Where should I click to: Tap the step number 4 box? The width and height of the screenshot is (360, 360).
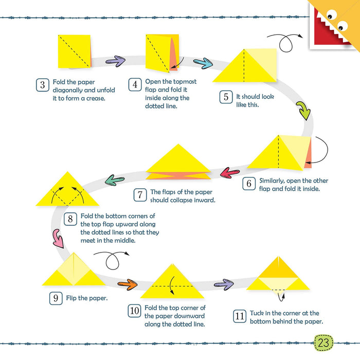[x=135, y=85]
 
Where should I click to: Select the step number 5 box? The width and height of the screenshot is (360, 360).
[x=226, y=97]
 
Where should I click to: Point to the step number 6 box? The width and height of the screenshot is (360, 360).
[x=248, y=184]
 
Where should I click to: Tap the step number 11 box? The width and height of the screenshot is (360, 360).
[x=240, y=316]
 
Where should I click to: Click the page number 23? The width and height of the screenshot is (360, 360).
[x=323, y=343]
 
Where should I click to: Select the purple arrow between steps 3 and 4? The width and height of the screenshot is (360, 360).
[x=116, y=61]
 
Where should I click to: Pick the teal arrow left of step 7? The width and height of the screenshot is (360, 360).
[x=115, y=179]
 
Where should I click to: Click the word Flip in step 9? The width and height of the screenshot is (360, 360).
[x=73, y=298]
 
